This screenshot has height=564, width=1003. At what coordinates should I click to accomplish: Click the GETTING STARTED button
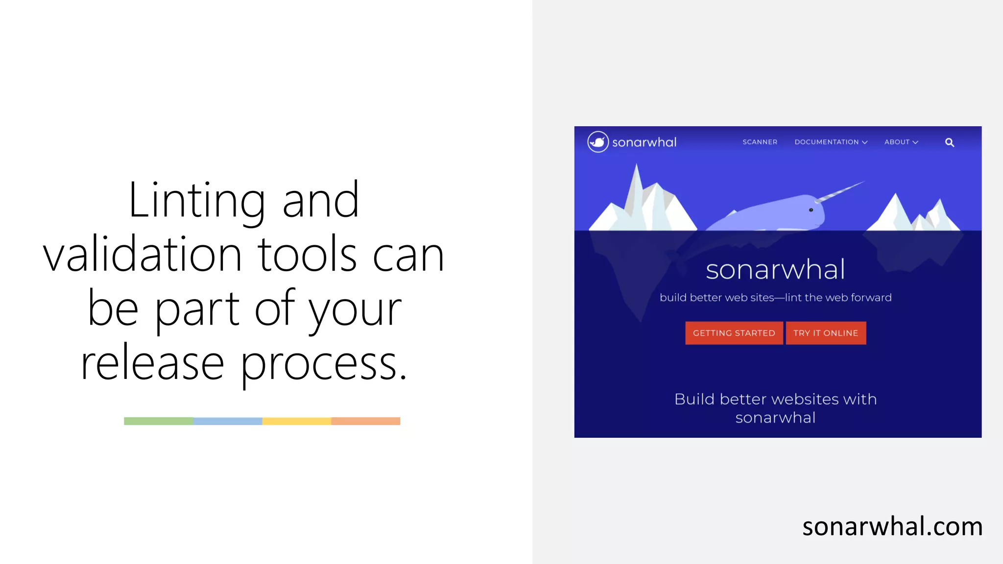(x=734, y=333)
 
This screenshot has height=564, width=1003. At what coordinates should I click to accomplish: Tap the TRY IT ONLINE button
(x=826, y=333)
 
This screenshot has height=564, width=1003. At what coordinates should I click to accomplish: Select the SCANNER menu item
(x=760, y=142)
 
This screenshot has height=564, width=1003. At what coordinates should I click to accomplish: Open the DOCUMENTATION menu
(x=831, y=142)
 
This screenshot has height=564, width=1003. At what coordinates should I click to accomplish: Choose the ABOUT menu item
(x=901, y=142)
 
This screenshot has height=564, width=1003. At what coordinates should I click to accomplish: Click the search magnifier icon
(x=949, y=142)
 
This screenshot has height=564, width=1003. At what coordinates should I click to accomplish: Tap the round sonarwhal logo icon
(x=598, y=142)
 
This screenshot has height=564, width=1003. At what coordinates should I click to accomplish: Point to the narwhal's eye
(x=811, y=210)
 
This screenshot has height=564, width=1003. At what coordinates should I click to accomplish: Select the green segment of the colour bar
(x=159, y=421)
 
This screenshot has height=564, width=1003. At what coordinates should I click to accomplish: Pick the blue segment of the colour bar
(x=228, y=421)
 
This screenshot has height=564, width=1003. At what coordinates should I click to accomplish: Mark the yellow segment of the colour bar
(x=297, y=421)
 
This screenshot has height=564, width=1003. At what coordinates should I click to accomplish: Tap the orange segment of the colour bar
(x=366, y=421)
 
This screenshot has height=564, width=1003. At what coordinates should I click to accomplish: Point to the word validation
(x=143, y=255)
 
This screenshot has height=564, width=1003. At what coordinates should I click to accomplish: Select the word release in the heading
(x=152, y=363)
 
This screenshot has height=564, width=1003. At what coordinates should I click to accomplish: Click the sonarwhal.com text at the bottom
(x=892, y=527)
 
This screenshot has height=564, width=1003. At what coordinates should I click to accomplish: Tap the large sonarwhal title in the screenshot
(x=775, y=270)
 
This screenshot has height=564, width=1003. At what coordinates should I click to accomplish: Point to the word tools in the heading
(x=308, y=255)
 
